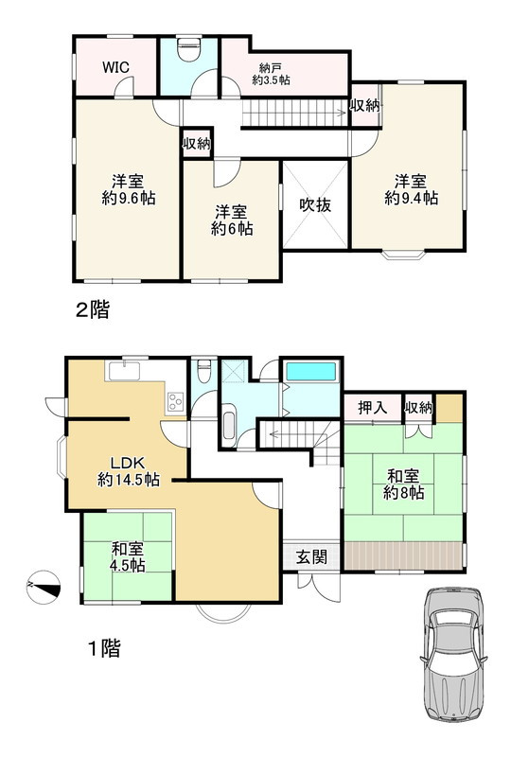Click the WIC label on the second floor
click(116, 67)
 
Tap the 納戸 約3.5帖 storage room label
click(271, 74)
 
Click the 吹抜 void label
click(316, 205)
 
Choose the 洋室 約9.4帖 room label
click(411, 189)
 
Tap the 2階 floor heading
click(92, 308)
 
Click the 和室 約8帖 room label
click(404, 484)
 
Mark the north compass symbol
click(44, 587)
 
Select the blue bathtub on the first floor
click(311, 372)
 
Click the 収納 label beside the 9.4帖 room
click(365, 106)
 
